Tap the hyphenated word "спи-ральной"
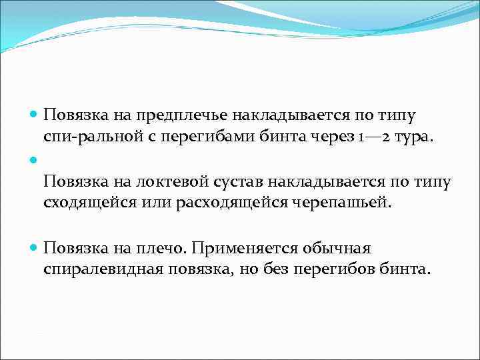click(x=85, y=137)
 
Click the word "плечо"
click(x=163, y=249)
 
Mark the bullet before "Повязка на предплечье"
click(x=34, y=115)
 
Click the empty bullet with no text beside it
click(x=34, y=160)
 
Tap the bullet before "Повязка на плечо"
click(x=34, y=249)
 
